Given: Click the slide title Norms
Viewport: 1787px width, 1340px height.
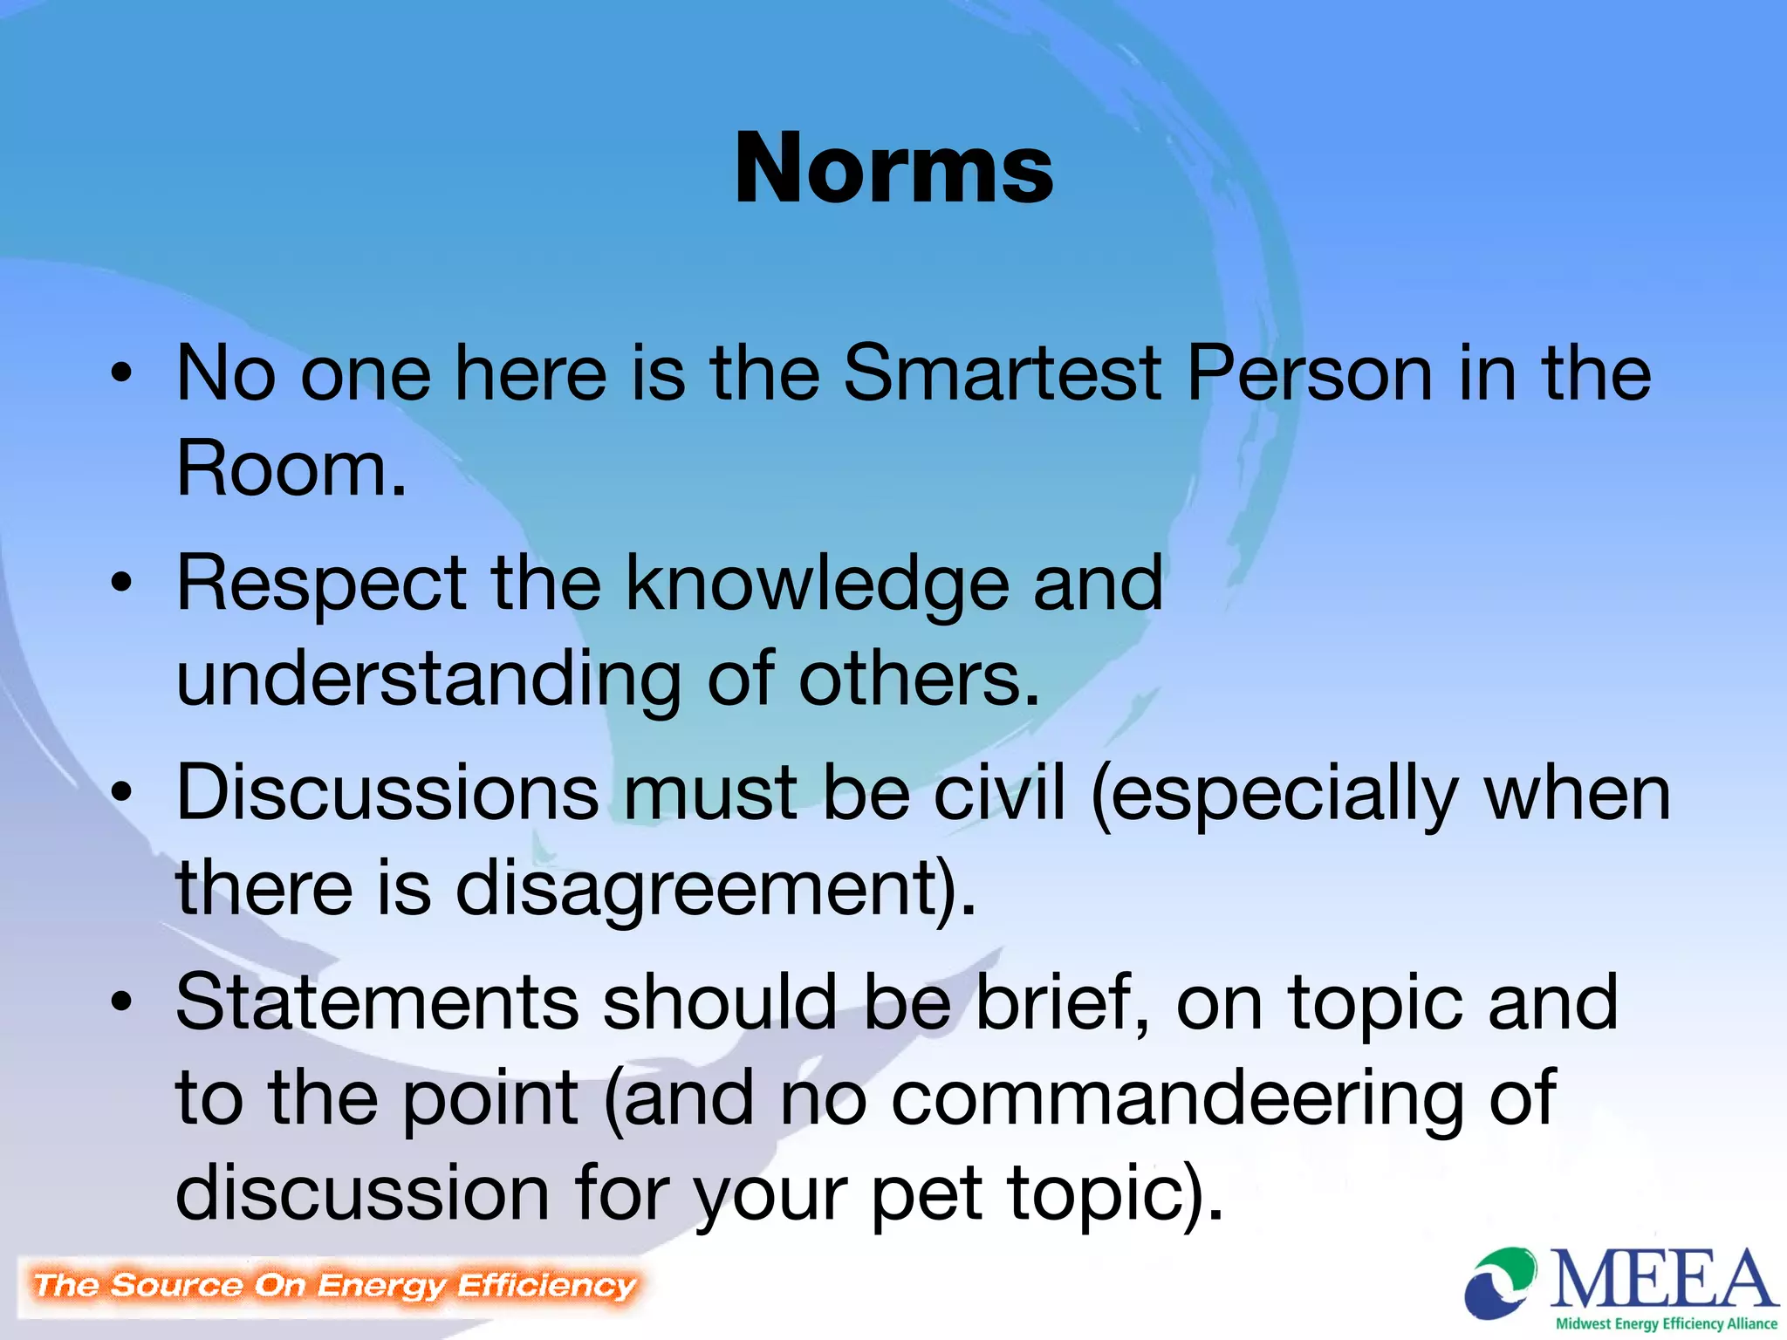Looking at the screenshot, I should [x=893, y=167].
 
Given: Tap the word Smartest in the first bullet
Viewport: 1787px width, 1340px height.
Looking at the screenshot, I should [x=1003, y=373].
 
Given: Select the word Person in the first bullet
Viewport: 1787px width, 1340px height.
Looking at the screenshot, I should [x=1309, y=373].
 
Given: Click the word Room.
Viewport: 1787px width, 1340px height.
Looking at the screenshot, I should [x=291, y=469].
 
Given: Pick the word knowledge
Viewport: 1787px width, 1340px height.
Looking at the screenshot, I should [x=818, y=585].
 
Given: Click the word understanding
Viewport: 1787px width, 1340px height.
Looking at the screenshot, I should [x=428, y=680].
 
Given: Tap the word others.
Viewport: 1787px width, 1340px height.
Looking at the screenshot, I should [x=919, y=679].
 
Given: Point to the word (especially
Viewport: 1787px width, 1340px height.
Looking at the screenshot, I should [x=1275, y=794].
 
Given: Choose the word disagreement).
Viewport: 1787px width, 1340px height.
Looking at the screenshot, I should [x=715, y=890].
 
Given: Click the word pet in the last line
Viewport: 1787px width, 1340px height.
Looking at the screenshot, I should [x=927, y=1195].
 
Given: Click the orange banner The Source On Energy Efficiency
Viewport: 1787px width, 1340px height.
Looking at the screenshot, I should [x=334, y=1286].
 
